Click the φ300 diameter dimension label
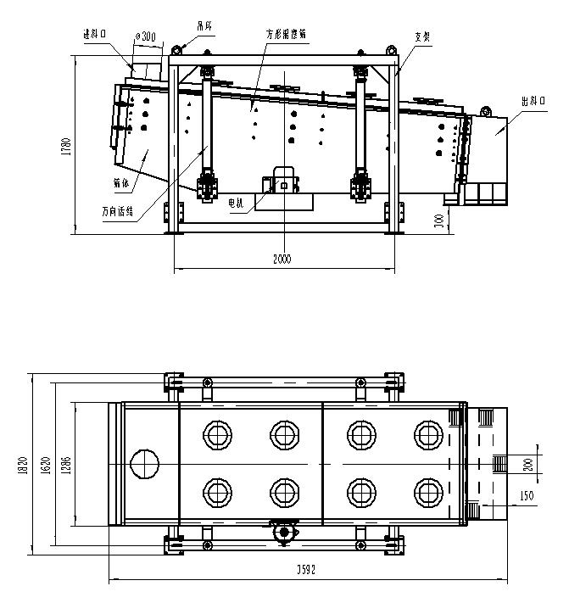[x=145, y=36]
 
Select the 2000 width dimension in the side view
[x=282, y=260]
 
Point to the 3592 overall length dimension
[x=306, y=571]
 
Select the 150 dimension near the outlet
[x=527, y=495]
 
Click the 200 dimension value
[x=527, y=463]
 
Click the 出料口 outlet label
[x=533, y=101]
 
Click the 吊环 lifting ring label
[x=204, y=25]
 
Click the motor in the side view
[x=283, y=181]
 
